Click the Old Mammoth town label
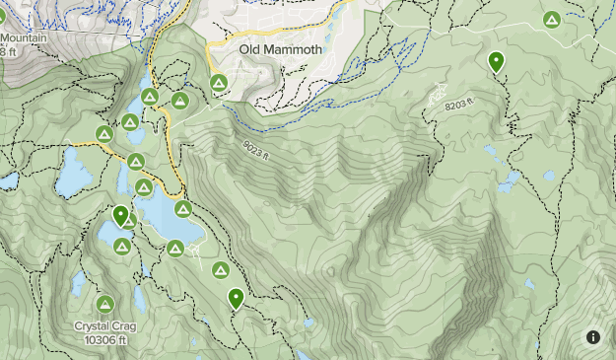281,49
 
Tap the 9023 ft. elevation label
254,149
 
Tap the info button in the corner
593,336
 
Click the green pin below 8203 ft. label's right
496,62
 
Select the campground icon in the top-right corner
552,19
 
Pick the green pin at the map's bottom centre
236,298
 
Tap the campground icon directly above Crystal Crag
104,304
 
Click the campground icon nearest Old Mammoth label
217,82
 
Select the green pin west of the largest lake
121,216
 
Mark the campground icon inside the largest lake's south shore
172,249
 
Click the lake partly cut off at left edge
8,181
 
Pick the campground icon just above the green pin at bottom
220,270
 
